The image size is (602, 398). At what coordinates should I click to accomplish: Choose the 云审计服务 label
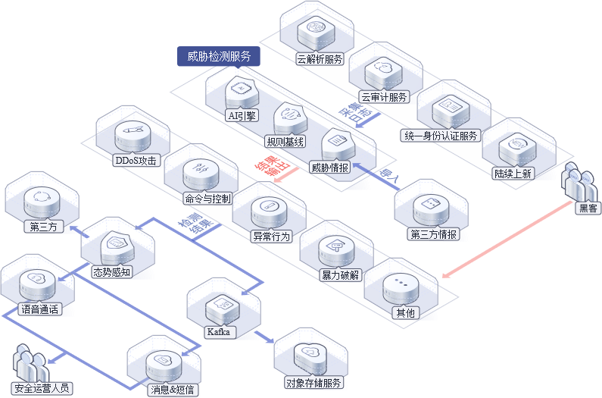click(384, 97)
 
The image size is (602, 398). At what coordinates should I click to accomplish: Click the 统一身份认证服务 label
click(441, 136)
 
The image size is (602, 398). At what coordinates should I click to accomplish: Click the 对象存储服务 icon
click(310, 356)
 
